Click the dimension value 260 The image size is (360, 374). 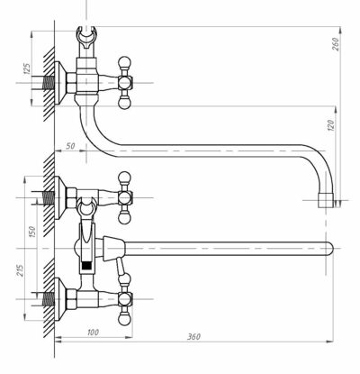[335, 44]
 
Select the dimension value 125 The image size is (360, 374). [27, 69]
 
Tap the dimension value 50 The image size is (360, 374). [70, 146]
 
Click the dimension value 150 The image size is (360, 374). [31, 232]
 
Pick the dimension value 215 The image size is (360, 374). [20, 270]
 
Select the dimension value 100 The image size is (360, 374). [94, 333]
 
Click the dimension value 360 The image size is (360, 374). [193, 336]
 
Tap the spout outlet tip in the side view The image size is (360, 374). [326, 200]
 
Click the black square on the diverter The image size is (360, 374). [86, 265]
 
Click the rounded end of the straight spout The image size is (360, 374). [330, 249]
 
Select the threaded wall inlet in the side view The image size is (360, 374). [48, 83]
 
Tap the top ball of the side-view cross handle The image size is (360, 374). [125, 63]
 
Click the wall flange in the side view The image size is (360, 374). [60, 83]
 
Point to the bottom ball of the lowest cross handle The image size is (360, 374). [124, 319]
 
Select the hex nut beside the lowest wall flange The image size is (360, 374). [71, 299]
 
